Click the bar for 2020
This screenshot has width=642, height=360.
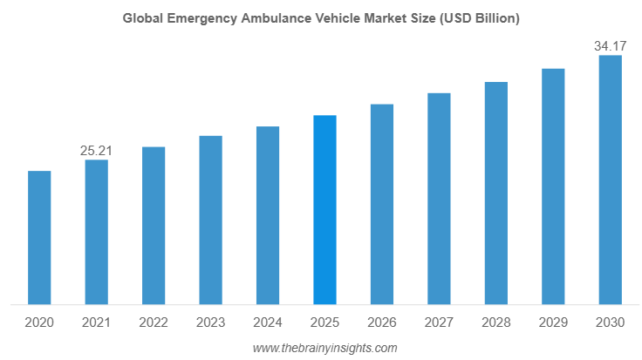click(x=39, y=238)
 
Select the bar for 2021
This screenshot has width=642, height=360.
click(x=96, y=233)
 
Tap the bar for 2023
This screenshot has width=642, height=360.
click(x=210, y=221)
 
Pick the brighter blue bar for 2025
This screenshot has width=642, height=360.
click(x=324, y=210)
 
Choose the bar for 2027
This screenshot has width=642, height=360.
click(x=439, y=199)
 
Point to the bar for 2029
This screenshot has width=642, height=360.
click(x=553, y=187)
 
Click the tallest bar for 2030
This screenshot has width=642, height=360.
click(x=610, y=180)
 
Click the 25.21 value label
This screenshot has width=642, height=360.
click(x=96, y=151)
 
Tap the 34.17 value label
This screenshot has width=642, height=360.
click(x=610, y=45)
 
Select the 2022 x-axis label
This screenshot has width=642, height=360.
click(x=154, y=323)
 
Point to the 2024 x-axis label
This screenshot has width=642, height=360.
click(x=268, y=323)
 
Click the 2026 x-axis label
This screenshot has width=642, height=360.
click(x=382, y=323)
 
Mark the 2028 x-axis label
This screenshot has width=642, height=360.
click(x=496, y=323)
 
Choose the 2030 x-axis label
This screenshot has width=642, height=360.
click(x=610, y=323)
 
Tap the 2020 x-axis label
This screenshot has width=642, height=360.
click(x=39, y=323)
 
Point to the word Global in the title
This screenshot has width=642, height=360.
click(x=140, y=17)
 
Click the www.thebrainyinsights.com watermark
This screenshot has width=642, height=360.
click(x=324, y=348)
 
